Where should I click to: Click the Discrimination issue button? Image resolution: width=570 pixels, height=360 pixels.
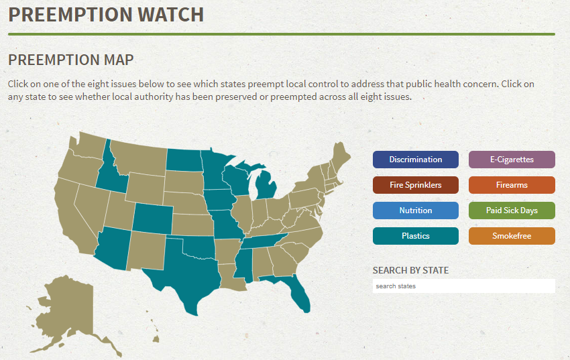[x=416, y=160]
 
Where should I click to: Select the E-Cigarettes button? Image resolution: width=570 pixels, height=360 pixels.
[x=512, y=160]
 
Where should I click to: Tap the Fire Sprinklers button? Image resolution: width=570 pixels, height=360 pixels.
[x=416, y=185]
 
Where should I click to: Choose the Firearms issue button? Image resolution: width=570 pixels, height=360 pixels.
[x=512, y=185]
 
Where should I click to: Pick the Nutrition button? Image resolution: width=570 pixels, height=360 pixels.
[x=416, y=211]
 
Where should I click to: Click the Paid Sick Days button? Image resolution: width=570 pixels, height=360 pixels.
[x=512, y=211]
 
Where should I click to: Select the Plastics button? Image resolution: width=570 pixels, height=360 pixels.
[x=416, y=236]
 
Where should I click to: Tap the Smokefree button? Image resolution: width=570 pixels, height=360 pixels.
[x=512, y=236]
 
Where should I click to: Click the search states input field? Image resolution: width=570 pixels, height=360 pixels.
[x=463, y=286]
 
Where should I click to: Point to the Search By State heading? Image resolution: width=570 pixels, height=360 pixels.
[x=410, y=271]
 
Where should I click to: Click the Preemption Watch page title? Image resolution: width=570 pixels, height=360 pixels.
[x=106, y=15]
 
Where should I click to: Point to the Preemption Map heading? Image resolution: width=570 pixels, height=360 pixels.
[x=71, y=60]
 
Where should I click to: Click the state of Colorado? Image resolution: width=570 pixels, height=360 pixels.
[x=152, y=217]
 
